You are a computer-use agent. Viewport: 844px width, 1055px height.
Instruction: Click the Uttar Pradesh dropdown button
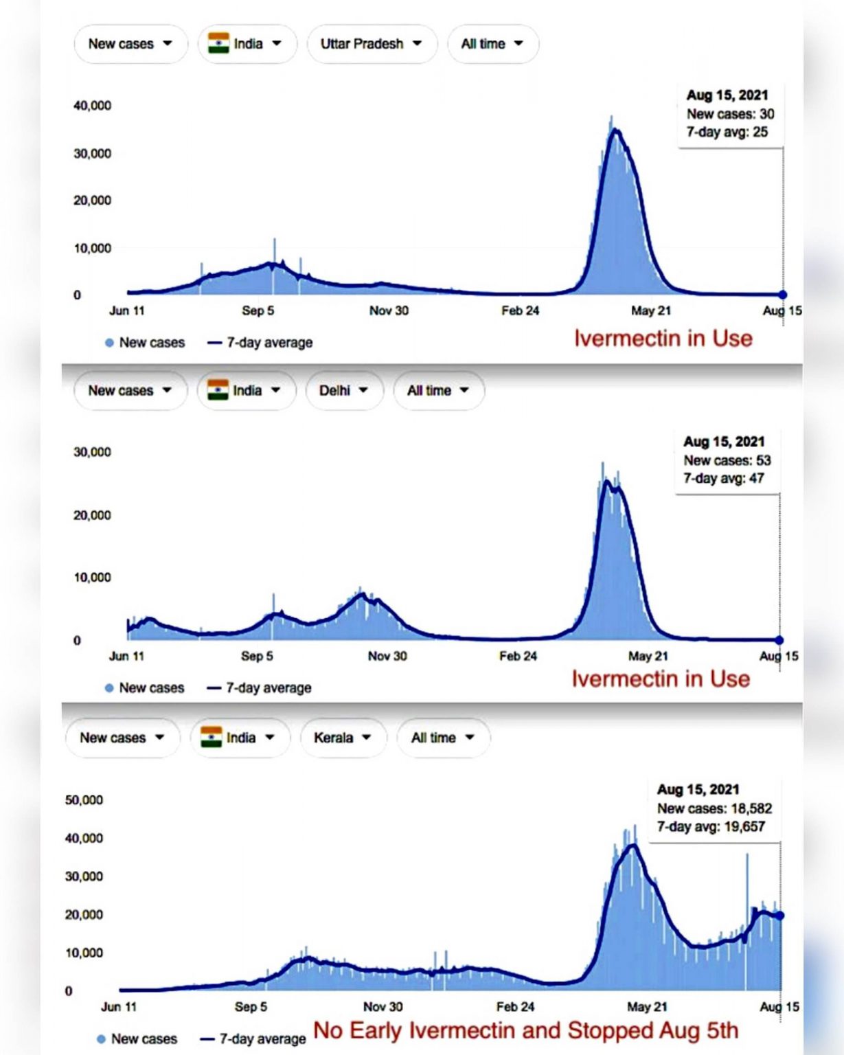tap(371, 44)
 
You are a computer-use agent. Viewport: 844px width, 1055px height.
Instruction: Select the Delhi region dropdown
tap(343, 391)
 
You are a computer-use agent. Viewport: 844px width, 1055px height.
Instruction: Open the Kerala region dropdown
tap(342, 738)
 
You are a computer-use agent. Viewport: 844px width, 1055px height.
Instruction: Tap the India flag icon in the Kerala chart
tap(212, 737)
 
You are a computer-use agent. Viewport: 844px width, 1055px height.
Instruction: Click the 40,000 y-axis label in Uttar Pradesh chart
tap(92, 106)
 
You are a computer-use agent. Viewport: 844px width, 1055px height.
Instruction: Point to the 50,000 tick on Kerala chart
tap(84, 800)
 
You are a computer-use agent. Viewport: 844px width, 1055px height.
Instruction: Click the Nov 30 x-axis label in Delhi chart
tap(387, 657)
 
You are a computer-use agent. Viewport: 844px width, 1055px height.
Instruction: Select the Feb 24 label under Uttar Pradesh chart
tap(520, 311)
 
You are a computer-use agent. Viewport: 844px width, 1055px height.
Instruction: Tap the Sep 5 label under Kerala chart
tap(251, 1007)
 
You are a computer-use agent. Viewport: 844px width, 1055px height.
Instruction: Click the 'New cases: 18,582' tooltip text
tap(714, 808)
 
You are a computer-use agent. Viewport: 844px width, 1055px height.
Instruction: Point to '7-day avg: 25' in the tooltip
tap(727, 132)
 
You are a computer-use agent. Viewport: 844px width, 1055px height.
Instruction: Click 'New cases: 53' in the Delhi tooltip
tap(727, 460)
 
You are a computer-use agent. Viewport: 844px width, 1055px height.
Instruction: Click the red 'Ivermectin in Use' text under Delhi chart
tap(661, 679)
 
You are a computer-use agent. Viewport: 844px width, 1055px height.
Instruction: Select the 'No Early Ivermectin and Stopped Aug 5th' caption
tap(525, 1031)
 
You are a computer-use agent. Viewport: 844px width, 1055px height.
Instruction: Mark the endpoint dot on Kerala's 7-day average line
tap(779, 916)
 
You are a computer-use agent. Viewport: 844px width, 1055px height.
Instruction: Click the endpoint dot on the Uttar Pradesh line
tap(783, 295)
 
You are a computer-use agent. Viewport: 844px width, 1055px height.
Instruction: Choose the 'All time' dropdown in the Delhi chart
tap(438, 391)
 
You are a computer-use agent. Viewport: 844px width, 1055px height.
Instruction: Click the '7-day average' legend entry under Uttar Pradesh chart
tap(261, 343)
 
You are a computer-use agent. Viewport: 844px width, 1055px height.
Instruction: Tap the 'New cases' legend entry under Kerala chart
tap(137, 1039)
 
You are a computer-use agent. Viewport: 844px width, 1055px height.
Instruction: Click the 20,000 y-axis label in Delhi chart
tap(92, 515)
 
